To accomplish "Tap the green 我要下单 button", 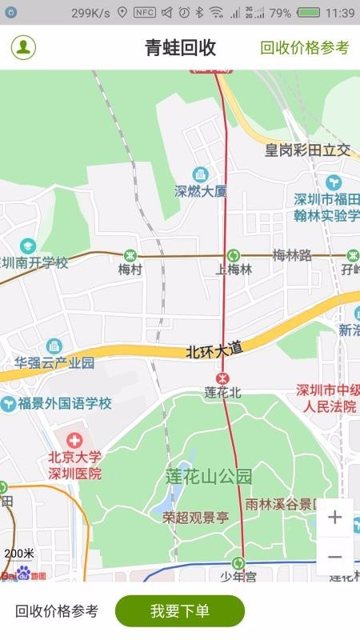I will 179,611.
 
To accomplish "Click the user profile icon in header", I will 23,47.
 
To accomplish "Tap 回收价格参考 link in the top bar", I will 305,47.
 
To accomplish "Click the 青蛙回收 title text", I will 180,47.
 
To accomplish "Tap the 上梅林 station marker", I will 233,255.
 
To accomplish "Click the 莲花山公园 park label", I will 209,477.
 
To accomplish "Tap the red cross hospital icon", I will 74,440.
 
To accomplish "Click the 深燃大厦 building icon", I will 200,174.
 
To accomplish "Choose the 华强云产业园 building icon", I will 54,346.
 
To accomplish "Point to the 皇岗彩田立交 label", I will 308,150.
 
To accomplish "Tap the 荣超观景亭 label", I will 196,517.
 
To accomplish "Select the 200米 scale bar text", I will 19,554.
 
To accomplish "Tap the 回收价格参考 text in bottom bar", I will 57,611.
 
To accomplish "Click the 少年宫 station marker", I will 238,562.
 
